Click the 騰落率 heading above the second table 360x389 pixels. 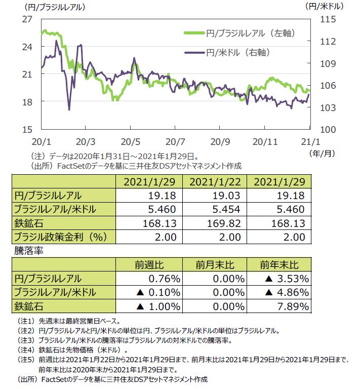click(26, 251)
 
